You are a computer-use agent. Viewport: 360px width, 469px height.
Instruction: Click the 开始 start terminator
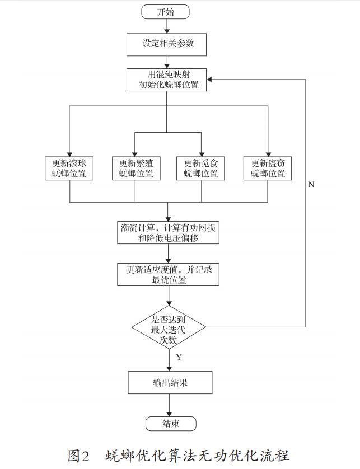165,12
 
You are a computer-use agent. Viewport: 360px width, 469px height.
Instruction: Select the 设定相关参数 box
166,45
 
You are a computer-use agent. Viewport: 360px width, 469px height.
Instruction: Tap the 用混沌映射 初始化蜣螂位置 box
166,79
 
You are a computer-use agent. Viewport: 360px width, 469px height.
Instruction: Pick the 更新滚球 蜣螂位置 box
69,168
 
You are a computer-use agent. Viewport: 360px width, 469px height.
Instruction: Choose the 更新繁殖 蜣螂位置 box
136,168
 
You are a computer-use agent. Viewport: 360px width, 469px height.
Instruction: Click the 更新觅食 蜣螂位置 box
200,168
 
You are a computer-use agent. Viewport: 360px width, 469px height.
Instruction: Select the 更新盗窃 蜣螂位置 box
268,168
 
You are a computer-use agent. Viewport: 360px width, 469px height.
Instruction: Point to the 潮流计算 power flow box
168,233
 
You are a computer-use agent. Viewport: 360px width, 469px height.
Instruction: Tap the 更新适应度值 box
168,275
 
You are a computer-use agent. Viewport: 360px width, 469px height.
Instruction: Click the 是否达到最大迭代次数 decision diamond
169,327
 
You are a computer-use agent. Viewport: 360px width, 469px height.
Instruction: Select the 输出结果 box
170,383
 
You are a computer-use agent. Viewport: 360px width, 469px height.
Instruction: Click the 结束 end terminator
171,424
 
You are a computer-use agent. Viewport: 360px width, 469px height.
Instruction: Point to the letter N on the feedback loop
311,185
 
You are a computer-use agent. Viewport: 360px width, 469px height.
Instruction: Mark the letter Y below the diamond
179,357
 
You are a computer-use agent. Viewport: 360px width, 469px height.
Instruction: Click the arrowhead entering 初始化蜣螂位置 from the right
209,79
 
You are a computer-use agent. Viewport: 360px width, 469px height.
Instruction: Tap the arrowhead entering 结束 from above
170,414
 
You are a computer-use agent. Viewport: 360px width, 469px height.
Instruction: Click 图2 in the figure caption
79,456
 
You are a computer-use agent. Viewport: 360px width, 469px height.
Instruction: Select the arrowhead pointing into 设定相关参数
167,31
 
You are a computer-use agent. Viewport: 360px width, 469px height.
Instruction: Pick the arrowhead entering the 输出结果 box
170,369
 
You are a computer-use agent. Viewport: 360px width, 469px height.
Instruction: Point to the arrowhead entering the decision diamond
169,303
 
